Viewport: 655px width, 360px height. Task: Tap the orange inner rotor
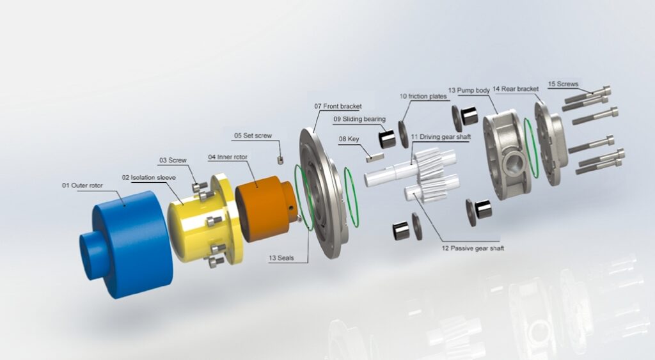click(x=265, y=209)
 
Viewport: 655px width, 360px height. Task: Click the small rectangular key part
click(x=375, y=157)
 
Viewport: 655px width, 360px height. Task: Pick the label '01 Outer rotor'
click(x=83, y=185)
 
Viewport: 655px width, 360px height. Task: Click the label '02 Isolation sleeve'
click(x=148, y=177)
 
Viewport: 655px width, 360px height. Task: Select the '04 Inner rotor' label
click(x=228, y=157)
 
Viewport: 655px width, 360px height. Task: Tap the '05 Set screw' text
click(x=253, y=136)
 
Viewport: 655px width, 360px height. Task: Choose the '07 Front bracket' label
click(x=338, y=106)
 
